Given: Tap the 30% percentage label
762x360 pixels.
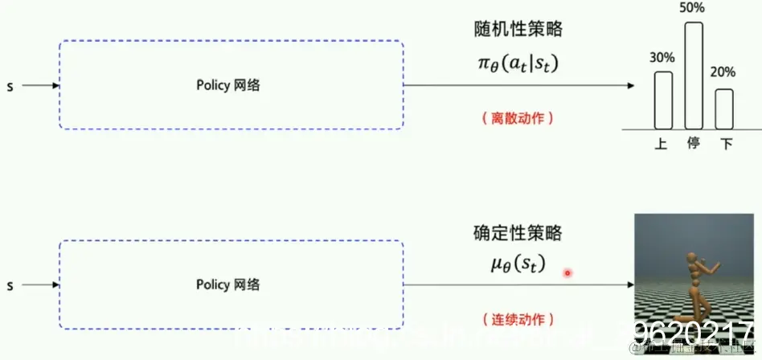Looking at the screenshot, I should click(663, 58).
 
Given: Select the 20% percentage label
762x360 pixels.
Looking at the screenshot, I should click(723, 72).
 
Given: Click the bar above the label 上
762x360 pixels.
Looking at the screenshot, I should click(663, 100).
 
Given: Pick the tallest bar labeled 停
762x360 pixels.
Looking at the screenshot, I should click(694, 76).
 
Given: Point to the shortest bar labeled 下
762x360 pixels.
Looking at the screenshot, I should click(724, 108).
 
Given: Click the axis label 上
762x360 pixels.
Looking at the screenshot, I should click(662, 144).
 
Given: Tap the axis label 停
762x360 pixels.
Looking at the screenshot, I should click(694, 144).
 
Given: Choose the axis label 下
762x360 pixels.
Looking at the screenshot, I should click(726, 144).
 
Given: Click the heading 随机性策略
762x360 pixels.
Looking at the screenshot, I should click(518, 30).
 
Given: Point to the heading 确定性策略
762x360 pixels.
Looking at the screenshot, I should click(518, 234).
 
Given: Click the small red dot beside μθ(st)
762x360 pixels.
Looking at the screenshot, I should click(567, 273).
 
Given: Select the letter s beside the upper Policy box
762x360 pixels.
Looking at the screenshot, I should click(10, 85).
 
